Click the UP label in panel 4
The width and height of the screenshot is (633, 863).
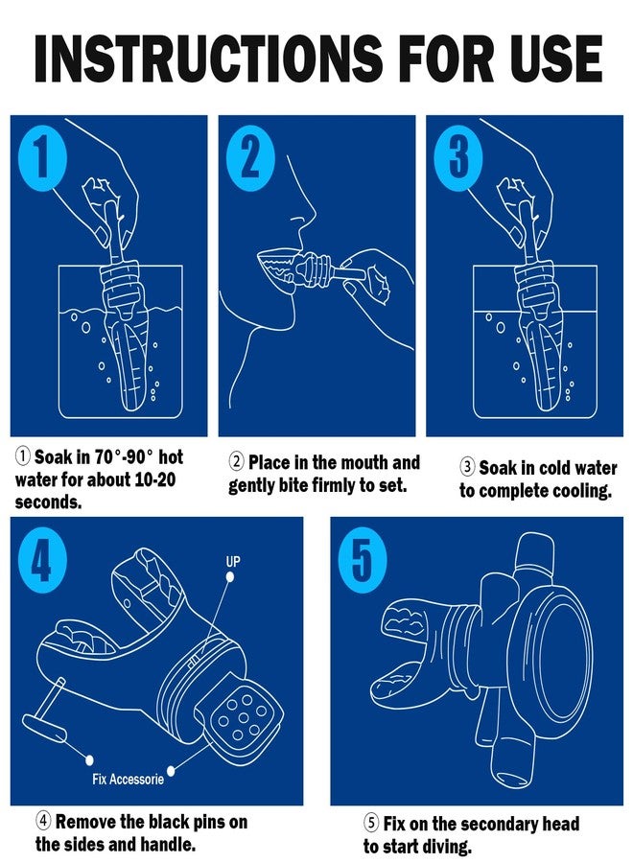(233, 561)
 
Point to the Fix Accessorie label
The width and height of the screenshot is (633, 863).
(128, 779)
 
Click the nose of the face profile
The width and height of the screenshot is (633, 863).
(310, 212)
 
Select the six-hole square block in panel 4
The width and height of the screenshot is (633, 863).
(240, 716)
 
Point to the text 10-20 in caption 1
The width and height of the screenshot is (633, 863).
(154, 479)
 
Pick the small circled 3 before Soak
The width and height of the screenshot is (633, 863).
(467, 467)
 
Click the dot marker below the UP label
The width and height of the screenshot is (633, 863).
(230, 577)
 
